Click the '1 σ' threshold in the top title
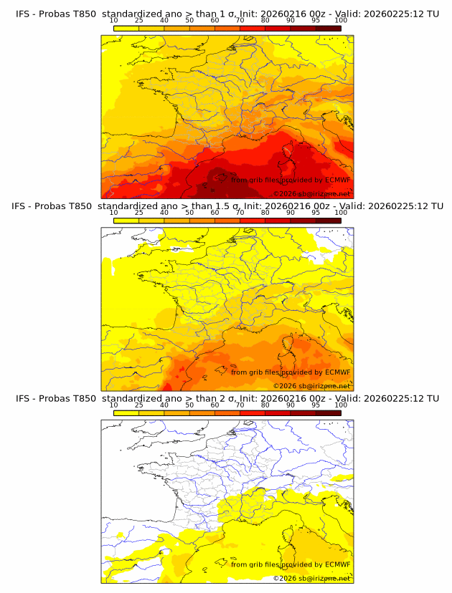tap(229, 13)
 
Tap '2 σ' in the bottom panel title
tap(229, 398)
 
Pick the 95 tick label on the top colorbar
tap(316, 20)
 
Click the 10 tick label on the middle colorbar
tap(113, 213)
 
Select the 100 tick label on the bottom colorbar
tap(341, 405)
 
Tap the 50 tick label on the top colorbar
tap(189, 20)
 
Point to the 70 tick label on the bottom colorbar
tap(240, 405)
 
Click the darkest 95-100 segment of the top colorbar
tap(328, 28)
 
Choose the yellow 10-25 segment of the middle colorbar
tap(126, 221)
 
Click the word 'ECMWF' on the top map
tap(337, 179)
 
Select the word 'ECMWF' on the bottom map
tap(337, 564)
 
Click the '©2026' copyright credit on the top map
tap(285, 194)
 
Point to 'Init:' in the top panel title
tap(259, 13)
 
